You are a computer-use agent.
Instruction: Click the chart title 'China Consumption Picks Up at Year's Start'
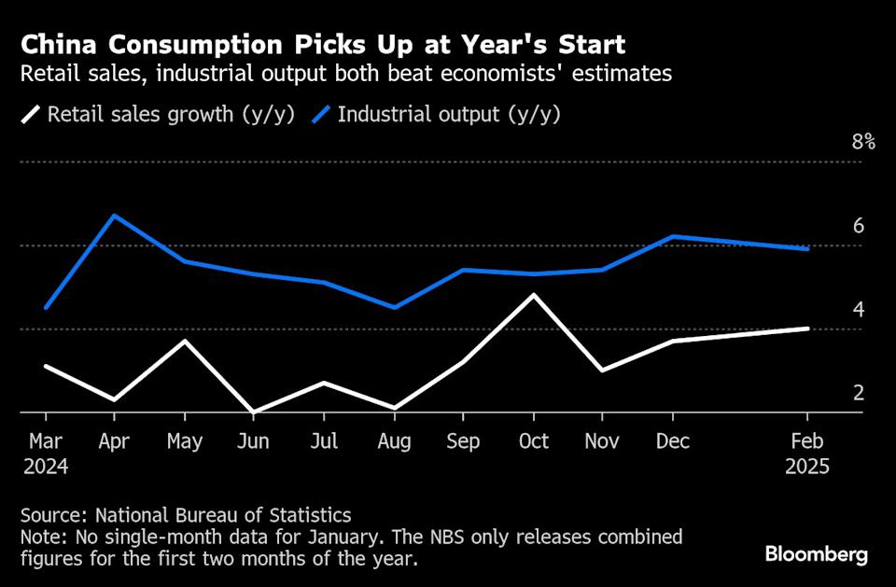tap(323, 44)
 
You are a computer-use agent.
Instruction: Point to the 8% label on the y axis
tap(862, 143)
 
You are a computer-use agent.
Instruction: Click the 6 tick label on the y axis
tap(858, 226)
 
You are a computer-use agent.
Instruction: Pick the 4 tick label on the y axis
tap(858, 310)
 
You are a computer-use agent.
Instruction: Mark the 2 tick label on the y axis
tap(858, 393)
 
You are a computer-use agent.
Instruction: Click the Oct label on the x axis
tap(533, 441)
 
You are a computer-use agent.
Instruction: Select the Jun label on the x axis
tap(255, 441)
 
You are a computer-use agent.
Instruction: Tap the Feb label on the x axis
tap(806, 441)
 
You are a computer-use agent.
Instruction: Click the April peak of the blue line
tap(115, 216)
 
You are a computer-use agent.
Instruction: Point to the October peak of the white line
tap(533, 295)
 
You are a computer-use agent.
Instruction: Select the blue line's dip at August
tap(394, 307)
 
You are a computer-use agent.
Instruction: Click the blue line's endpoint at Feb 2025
tap(807, 249)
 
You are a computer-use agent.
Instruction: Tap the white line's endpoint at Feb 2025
tap(807, 328)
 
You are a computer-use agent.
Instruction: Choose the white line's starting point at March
tap(46, 366)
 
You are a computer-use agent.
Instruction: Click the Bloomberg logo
tap(817, 555)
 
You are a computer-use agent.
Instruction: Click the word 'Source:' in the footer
tap(58, 515)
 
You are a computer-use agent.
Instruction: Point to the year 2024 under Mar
tap(48, 466)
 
